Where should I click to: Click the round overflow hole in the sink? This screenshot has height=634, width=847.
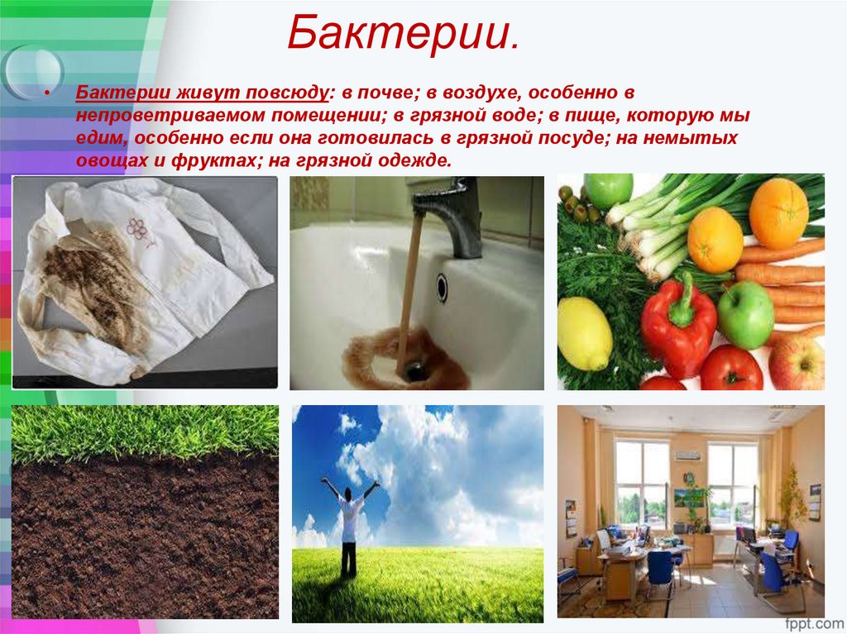(x=442, y=288)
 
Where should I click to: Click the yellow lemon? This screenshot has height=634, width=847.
(x=584, y=333)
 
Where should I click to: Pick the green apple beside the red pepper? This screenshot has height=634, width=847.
(x=745, y=314)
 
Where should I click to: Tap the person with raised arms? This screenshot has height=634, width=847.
(x=349, y=521)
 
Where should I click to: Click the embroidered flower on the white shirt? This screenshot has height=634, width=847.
(x=137, y=227)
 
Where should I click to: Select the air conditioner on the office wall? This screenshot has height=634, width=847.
(x=687, y=455)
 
